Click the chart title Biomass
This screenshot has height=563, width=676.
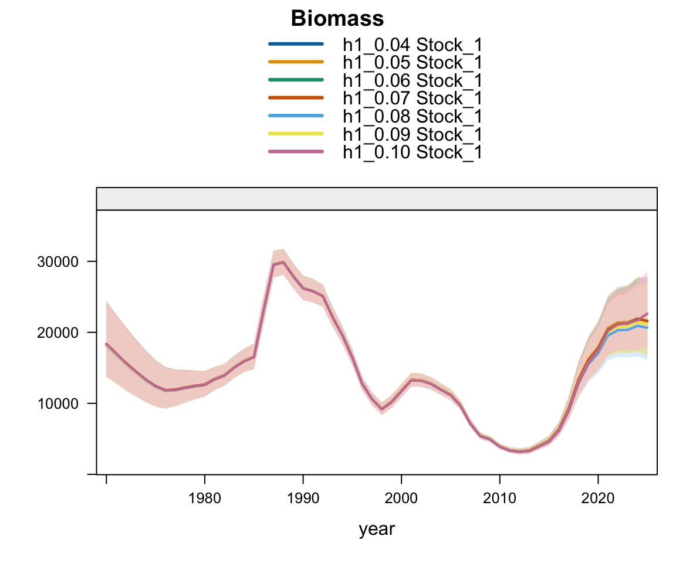click(x=337, y=19)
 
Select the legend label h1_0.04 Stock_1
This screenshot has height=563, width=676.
click(x=413, y=44)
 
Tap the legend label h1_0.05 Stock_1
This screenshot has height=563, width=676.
click(x=413, y=62)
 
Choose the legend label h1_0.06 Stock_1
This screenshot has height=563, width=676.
click(x=413, y=80)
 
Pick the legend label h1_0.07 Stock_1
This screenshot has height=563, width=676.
click(x=413, y=98)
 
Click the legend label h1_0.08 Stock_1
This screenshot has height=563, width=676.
click(x=413, y=116)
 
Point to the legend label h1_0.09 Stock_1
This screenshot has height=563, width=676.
click(x=413, y=134)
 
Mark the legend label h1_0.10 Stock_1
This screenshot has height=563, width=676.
click(x=413, y=152)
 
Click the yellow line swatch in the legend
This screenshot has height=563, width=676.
click(x=296, y=134)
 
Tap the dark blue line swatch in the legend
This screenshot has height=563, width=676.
click(x=296, y=44)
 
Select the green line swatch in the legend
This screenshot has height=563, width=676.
click(x=296, y=80)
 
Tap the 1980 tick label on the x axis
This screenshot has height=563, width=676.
click(x=204, y=499)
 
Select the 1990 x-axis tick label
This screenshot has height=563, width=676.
click(x=303, y=499)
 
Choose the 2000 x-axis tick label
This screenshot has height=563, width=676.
click(x=401, y=499)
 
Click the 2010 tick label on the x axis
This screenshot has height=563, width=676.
click(x=499, y=499)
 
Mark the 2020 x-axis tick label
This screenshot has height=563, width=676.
click(x=598, y=499)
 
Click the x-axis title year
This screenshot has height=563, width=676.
click(x=377, y=530)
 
